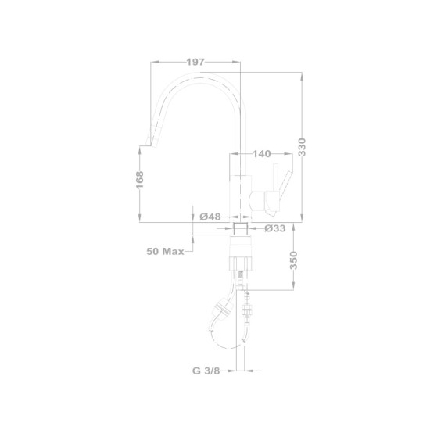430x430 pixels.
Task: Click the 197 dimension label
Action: click(195, 63)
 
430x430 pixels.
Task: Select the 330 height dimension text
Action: click(302, 147)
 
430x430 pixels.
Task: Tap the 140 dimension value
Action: click(262, 154)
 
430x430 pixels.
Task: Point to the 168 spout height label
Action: click(140, 180)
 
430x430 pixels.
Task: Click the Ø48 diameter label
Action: click(210, 217)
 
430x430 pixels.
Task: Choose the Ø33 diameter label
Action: click(275, 228)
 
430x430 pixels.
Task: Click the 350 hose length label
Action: click(293, 260)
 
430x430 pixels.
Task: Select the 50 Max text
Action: click(165, 251)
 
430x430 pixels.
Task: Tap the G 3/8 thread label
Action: click(206, 371)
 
